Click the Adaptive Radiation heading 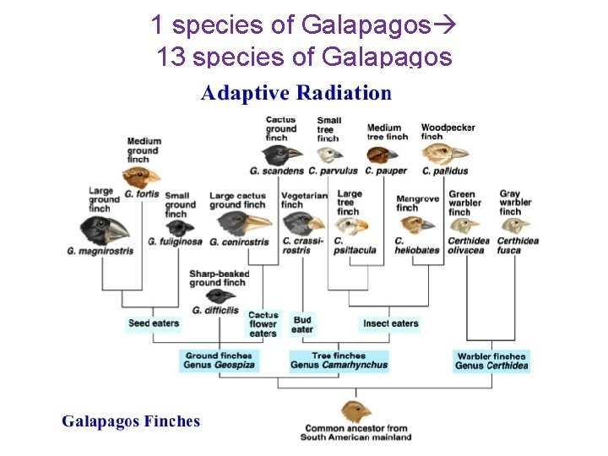coord(296,93)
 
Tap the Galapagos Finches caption coord(131,421)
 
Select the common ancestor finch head coord(356,411)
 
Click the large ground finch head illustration coord(106,229)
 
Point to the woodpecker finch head coord(443,154)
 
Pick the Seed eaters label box coord(154,323)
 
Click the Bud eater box coord(302,324)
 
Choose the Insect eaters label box coord(391,323)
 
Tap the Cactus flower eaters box coord(263,324)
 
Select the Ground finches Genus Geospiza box coord(219,361)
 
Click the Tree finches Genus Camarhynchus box coord(339,361)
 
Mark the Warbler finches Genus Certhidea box coord(491,361)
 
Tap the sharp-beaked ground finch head coord(221,296)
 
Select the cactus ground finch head coord(281,154)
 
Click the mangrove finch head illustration coord(415,224)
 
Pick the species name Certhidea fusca coord(518,246)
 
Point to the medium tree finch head coord(382,154)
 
